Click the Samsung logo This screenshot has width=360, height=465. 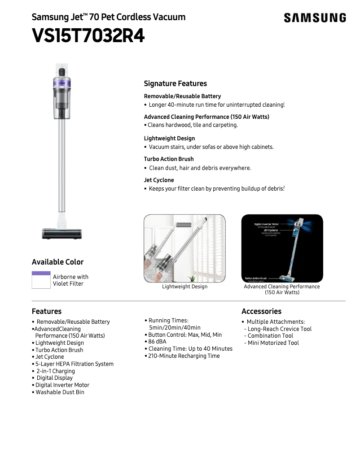pyautogui.click(x=315, y=18)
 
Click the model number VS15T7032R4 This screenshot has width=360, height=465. pyautogui.click(x=88, y=36)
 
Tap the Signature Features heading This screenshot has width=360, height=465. pyautogui.click(x=175, y=83)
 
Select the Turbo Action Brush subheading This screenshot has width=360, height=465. pyautogui.click(x=169, y=159)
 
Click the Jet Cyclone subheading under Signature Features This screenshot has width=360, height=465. pyautogui.click(x=159, y=180)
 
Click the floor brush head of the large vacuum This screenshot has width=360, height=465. pyautogui.click(x=62, y=233)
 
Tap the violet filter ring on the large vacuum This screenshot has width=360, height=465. pyautogui.click(x=62, y=82)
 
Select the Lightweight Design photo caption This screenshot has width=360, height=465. pyautogui.click(x=184, y=287)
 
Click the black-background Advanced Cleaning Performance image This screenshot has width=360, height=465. pyautogui.click(x=282, y=248)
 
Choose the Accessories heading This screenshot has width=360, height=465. pyautogui.click(x=261, y=311)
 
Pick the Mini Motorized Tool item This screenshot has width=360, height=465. pyautogui.click(x=273, y=343)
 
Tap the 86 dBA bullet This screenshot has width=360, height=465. pyautogui.click(x=157, y=342)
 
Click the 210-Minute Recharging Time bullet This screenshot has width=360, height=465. pyautogui.click(x=184, y=356)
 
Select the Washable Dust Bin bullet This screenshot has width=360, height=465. pyautogui.click(x=60, y=392)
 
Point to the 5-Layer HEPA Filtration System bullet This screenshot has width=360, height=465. pyautogui.click(x=74, y=364)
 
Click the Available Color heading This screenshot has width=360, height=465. pyautogui.click(x=57, y=262)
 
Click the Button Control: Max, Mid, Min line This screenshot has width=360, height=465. pyautogui.click(x=184, y=335)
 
